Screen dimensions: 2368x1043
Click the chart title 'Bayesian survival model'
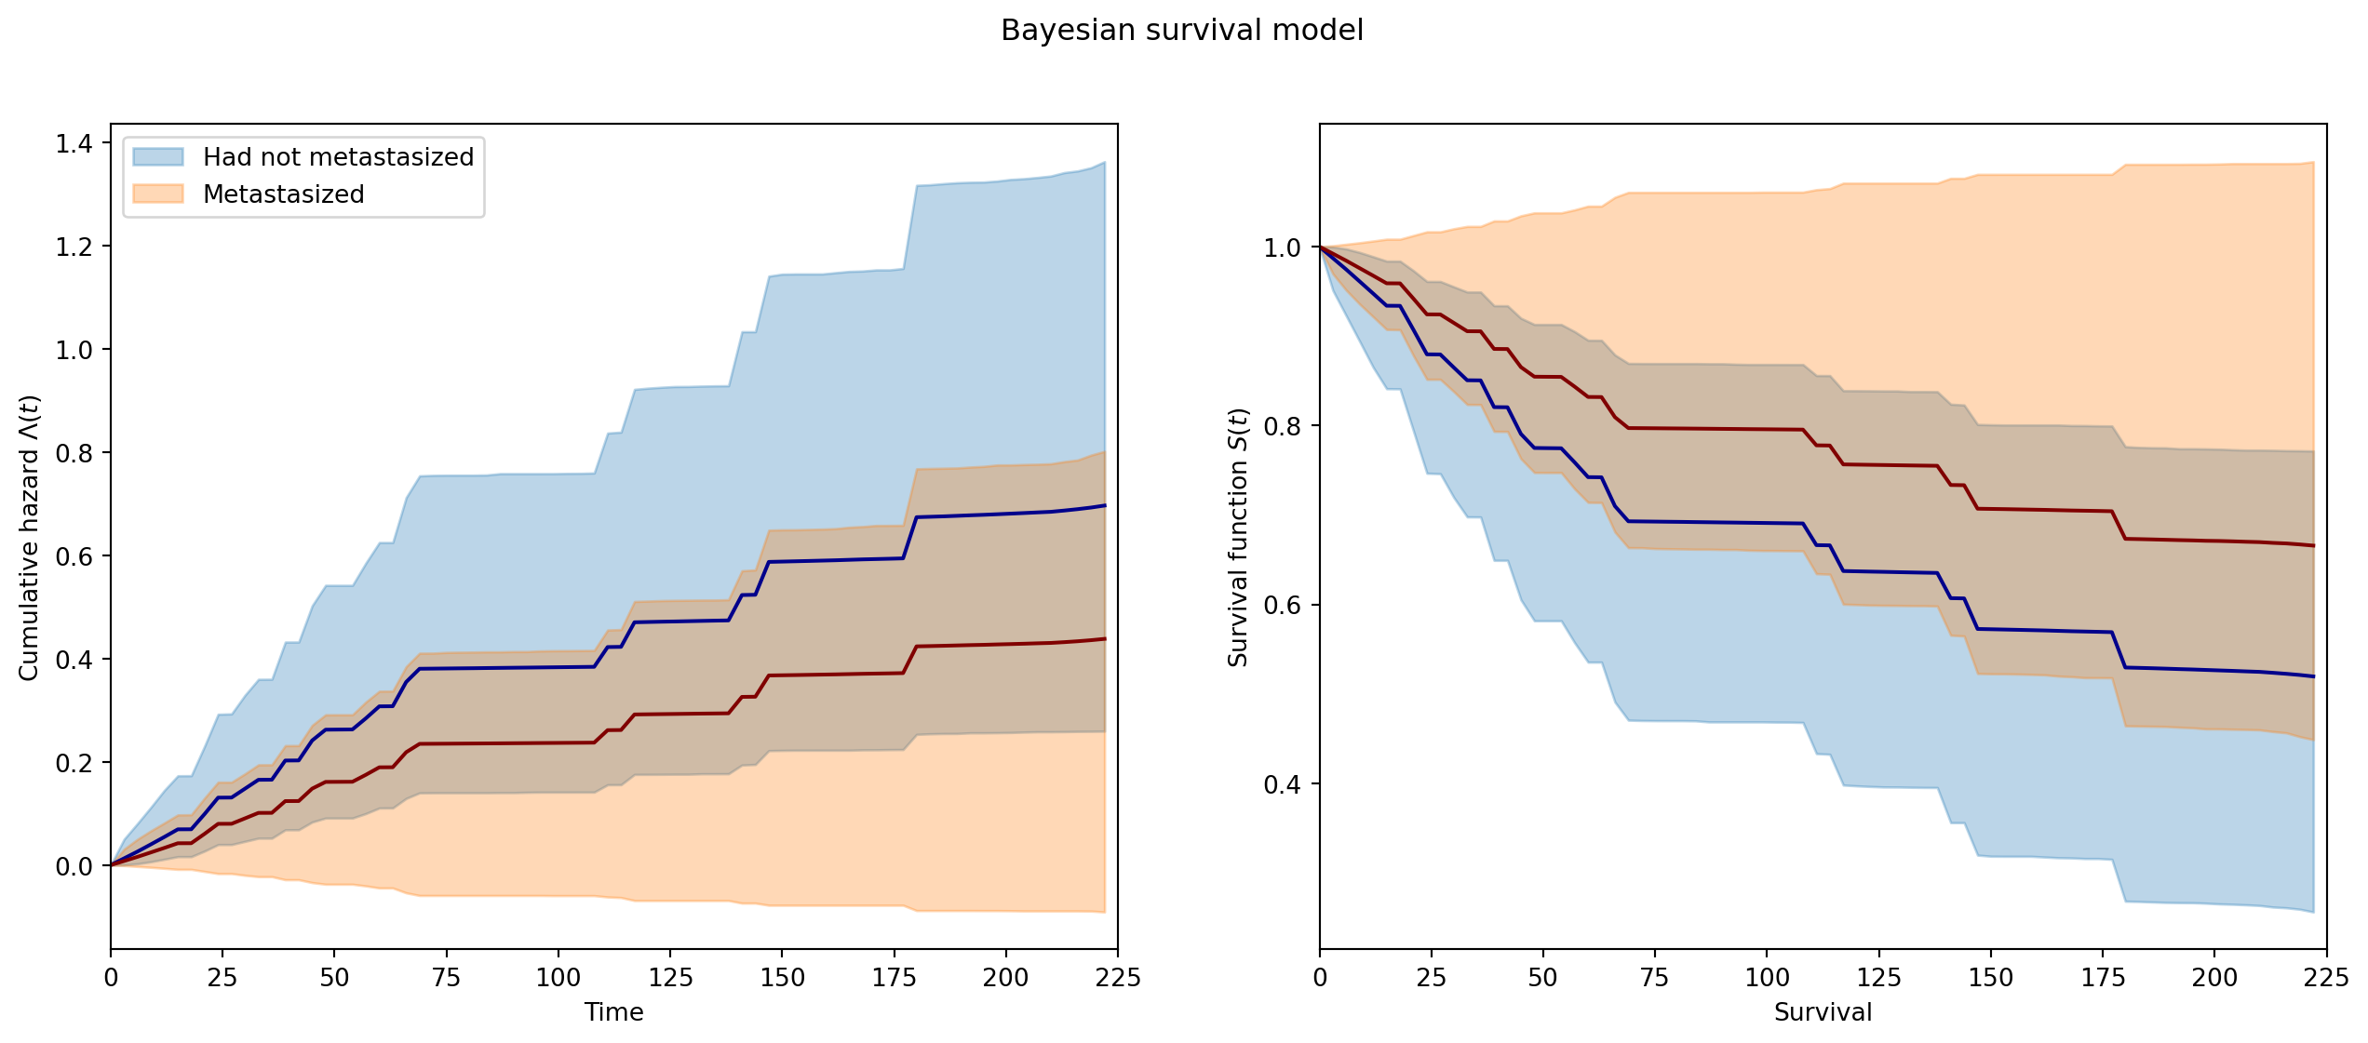click(x=1182, y=31)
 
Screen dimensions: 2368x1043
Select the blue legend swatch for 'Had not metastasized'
click(x=158, y=156)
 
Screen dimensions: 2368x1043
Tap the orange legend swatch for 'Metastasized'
click(x=158, y=194)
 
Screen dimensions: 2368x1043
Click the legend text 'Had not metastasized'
click(x=339, y=156)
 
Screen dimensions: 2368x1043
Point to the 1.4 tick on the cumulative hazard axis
click(x=74, y=143)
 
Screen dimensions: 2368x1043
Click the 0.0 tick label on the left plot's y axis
click(x=74, y=866)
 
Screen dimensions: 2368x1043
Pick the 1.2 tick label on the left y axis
click(x=74, y=247)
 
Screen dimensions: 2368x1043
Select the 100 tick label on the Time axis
click(x=558, y=977)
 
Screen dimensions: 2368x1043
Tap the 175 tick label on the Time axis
click(x=895, y=977)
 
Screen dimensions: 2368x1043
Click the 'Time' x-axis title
click(x=614, y=1012)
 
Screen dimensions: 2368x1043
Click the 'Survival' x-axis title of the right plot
click(x=1823, y=1012)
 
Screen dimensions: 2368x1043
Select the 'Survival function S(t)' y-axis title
click(x=1238, y=537)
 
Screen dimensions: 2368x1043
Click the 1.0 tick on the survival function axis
click(x=1283, y=248)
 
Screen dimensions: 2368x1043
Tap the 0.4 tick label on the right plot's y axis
click(x=1283, y=784)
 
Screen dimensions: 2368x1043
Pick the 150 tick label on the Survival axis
click(x=1991, y=977)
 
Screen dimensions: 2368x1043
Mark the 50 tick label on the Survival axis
click(x=1543, y=977)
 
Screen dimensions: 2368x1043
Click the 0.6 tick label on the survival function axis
click(x=1283, y=606)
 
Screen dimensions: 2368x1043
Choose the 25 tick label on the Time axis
click(x=222, y=977)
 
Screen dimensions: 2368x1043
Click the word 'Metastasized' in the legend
click(x=284, y=194)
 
